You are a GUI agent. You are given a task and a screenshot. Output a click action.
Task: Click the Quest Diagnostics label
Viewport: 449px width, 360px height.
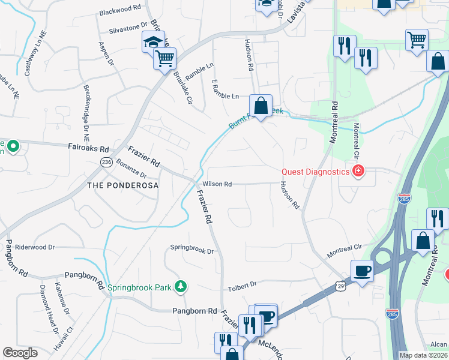pos(316,172)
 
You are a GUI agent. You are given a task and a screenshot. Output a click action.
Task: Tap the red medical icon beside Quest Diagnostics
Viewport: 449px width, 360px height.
pos(358,172)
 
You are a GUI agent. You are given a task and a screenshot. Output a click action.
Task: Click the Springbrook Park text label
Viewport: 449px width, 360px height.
pos(139,287)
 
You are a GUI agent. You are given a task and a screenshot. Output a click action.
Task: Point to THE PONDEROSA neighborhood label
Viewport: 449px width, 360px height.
pos(122,185)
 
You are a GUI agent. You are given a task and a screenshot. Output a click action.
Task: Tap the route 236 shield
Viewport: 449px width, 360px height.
pos(107,162)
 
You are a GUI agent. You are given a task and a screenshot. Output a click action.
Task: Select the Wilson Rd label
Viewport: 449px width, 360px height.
pos(217,184)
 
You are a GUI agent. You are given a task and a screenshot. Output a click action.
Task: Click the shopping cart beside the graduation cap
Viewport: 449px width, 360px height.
pos(164,58)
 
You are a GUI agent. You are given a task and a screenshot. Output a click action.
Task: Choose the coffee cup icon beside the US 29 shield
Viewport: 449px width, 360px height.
pos(362,270)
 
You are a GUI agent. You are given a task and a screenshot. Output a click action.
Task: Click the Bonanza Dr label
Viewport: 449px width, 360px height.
pos(132,169)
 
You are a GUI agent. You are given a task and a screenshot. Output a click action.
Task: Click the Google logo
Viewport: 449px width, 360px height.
pos(20,353)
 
